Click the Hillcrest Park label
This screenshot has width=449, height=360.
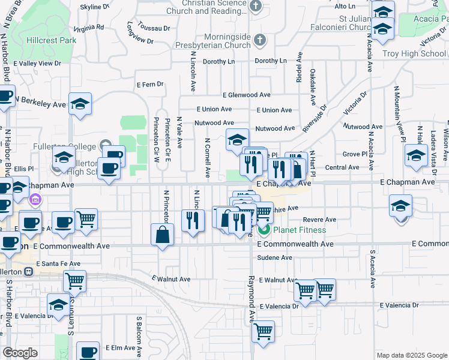[51, 40]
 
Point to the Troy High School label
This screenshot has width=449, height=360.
[414, 53]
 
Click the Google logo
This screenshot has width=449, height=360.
[20, 353]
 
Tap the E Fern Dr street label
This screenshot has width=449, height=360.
[149, 85]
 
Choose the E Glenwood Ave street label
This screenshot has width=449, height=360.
[246, 95]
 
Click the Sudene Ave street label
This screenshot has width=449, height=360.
[274, 257]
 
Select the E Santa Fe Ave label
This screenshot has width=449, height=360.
[58, 263]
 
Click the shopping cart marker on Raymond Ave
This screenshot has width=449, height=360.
[264, 332]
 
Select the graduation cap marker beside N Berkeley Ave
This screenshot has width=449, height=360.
[80, 104]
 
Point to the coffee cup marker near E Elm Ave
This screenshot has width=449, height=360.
[88, 352]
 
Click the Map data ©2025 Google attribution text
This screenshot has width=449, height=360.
[412, 355]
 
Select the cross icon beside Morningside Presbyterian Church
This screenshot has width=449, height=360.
[259, 40]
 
